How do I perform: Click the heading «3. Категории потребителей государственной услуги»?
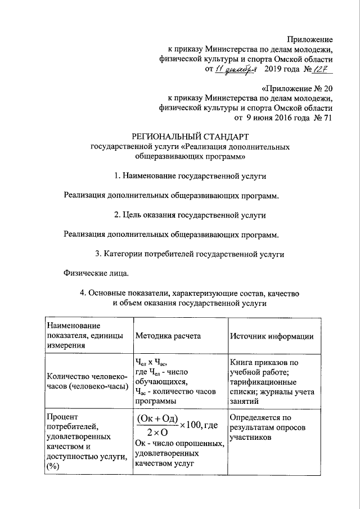coord(190,254)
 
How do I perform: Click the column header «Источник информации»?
coord(271,336)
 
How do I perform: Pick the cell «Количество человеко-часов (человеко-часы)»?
coord(86,381)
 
